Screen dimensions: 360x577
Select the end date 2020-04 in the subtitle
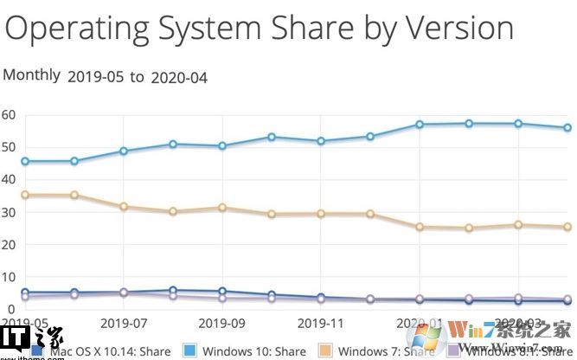pos(178,77)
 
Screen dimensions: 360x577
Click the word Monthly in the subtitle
pos(32,75)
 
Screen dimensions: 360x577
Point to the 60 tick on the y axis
pos(8,114)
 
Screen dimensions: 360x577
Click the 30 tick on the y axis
pos(8,212)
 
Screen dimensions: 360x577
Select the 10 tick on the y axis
pos(8,277)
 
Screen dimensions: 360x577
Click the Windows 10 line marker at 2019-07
pos(124,151)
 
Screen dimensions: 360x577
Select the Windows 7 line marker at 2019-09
pos(222,208)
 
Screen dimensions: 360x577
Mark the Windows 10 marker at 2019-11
pos(321,141)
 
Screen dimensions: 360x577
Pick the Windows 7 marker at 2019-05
pos(25,196)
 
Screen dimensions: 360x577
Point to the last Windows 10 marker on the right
pos(567,127)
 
